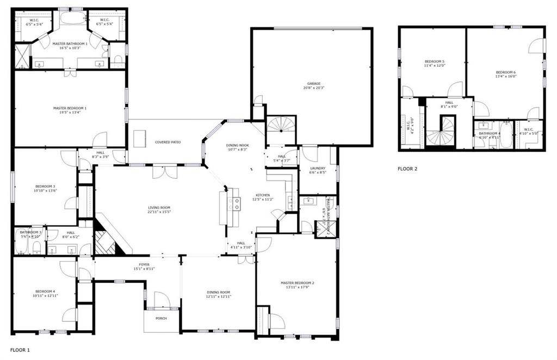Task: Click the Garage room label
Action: [x=312, y=85]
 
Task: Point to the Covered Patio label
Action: [x=168, y=142]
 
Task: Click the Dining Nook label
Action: [x=237, y=147]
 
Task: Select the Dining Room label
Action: [x=219, y=294]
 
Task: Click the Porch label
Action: [x=161, y=318]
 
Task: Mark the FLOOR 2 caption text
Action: [x=407, y=169]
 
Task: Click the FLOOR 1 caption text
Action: [x=20, y=350]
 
